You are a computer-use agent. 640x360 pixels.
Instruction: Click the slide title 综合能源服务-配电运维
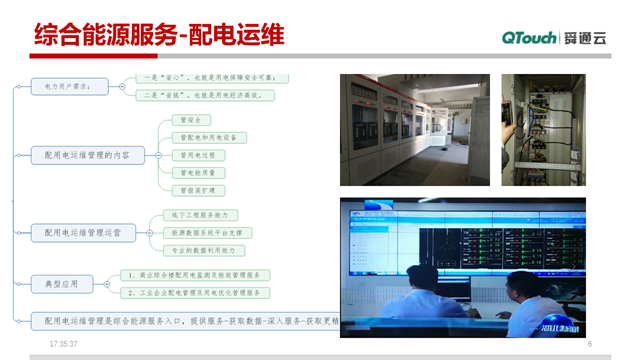(x=159, y=37)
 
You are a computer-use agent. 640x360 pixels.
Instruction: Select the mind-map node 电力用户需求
(x=69, y=87)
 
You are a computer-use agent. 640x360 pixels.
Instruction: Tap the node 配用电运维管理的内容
(x=88, y=155)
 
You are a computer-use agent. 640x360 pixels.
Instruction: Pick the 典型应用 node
(x=61, y=284)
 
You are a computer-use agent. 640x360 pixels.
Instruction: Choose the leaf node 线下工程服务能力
(x=201, y=215)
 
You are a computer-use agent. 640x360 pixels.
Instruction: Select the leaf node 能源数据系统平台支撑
(x=208, y=233)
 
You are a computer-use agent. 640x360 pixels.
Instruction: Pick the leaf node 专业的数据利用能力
(x=204, y=250)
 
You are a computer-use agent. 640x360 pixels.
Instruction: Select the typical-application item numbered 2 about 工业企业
(x=195, y=293)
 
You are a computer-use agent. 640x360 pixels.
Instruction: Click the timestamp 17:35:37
(x=63, y=344)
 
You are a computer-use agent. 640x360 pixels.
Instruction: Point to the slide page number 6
(x=590, y=344)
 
